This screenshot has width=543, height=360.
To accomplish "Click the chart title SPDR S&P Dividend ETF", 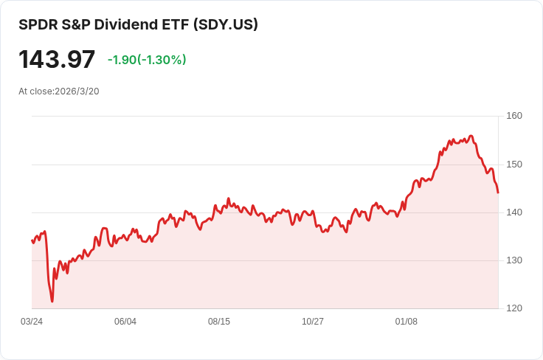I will tap(103, 24).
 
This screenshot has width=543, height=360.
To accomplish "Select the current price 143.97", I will tap(57, 60).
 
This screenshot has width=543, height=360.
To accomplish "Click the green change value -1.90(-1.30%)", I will tap(147, 60).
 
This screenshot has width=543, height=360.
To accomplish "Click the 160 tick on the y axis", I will tap(514, 116).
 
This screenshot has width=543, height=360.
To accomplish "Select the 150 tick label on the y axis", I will tap(514, 164).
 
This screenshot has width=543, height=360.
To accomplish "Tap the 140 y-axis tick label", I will tap(514, 212).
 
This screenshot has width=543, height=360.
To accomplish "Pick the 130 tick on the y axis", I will tap(514, 260).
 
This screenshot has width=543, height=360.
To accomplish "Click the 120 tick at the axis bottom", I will tap(514, 308).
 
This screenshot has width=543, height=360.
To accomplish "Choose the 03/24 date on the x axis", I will tap(32, 322).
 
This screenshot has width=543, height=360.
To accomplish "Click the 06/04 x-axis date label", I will tap(125, 322).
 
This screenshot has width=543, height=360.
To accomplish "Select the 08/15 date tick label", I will tap(219, 322).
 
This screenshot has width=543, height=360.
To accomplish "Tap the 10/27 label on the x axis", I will tap(313, 322).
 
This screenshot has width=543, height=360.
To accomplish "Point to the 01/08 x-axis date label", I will tap(407, 322).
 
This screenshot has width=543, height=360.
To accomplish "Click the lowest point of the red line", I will tap(52, 301).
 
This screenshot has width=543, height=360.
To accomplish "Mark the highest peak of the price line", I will tap(471, 136).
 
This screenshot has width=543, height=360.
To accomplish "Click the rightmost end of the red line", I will tap(498, 193).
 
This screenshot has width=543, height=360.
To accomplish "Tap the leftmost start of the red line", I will tap(32, 240).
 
